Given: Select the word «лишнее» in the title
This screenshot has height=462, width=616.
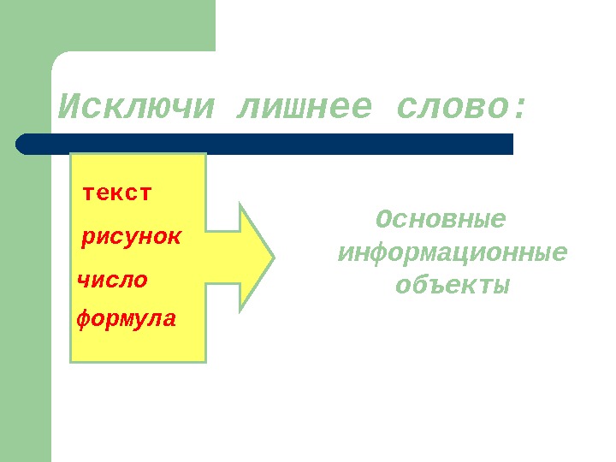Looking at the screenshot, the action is coord(303,108).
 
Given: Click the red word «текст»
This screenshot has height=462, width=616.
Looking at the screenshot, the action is coord(117,192).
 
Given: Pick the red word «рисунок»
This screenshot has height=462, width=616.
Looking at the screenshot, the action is coord(131,236).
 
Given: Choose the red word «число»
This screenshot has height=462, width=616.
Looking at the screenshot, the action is coord(112,279).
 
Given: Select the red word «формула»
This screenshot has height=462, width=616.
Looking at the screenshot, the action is coord(127,320).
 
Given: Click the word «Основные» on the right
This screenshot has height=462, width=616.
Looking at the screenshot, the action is coord(441,220).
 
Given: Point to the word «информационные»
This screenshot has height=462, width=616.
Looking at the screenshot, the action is coord(453,253).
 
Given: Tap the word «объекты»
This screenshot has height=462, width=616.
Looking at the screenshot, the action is coord(452,284).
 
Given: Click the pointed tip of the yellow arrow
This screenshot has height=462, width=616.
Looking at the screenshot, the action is coord(273,256).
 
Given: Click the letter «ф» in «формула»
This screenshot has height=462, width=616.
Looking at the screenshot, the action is coord(83,321).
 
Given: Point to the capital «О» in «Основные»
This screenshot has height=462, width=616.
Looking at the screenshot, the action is coord(383,220).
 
